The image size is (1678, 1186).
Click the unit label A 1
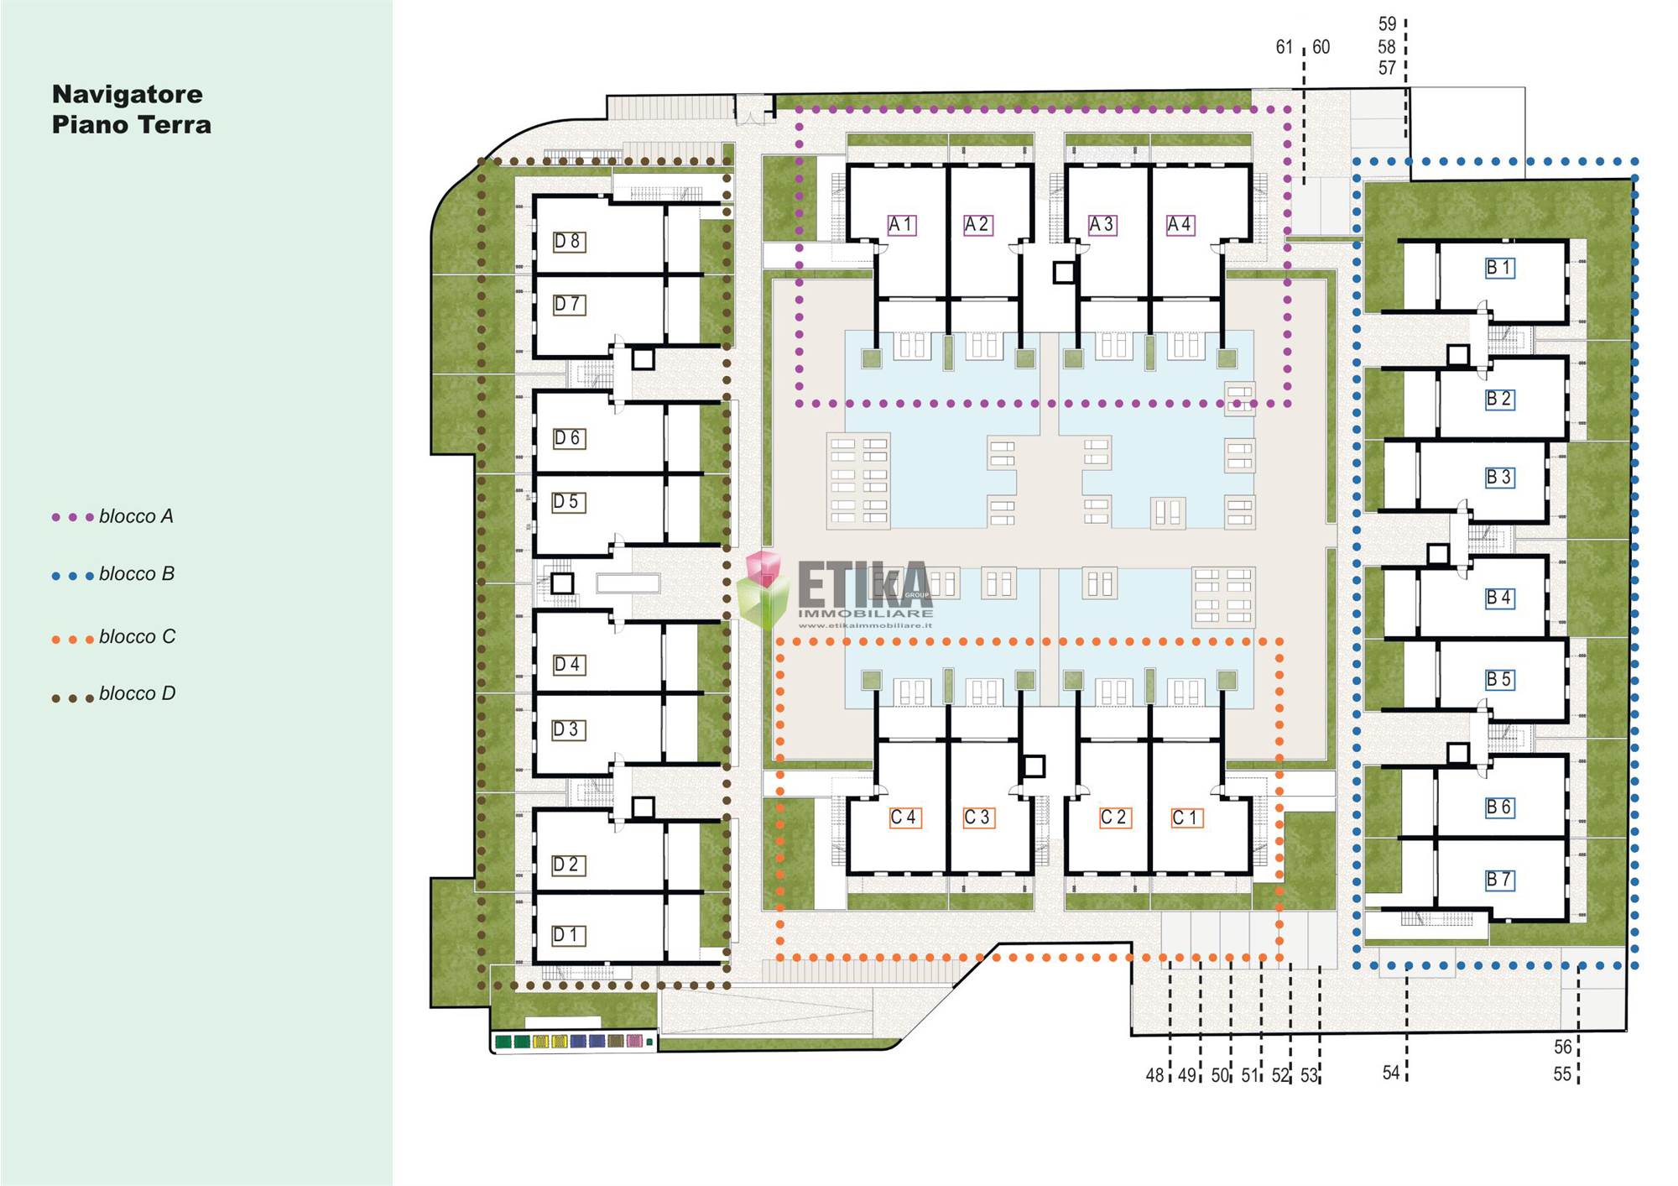pyautogui.click(x=902, y=225)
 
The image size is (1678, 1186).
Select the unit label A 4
pyautogui.click(x=1180, y=225)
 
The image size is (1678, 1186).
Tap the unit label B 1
pyautogui.click(x=1499, y=268)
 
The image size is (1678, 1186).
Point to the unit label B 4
pyautogui.click(x=1499, y=598)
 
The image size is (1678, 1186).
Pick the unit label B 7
pyautogui.click(x=1499, y=880)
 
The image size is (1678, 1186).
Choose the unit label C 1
pyautogui.click(x=1187, y=818)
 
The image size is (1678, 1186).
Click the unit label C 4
pyautogui.click(x=905, y=818)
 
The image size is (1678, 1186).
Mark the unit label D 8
pyautogui.click(x=569, y=242)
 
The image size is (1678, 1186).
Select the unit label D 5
pyautogui.click(x=568, y=502)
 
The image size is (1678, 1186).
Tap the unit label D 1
pyautogui.click(x=568, y=935)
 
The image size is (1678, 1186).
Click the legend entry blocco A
pyautogui.click(x=113, y=516)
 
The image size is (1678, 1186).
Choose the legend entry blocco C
pyautogui.click(x=114, y=637)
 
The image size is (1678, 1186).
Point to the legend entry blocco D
pyautogui.click(x=114, y=694)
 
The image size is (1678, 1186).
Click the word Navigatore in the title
pyautogui.click(x=128, y=94)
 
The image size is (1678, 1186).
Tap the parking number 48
pyautogui.click(x=1155, y=1075)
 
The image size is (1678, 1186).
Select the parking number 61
pyautogui.click(x=1285, y=47)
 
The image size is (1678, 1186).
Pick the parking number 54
pyautogui.click(x=1392, y=1073)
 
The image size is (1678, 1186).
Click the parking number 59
pyautogui.click(x=1388, y=24)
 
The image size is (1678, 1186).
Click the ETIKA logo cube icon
pyautogui.click(x=763, y=590)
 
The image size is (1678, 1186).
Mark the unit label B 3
pyautogui.click(x=1499, y=478)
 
